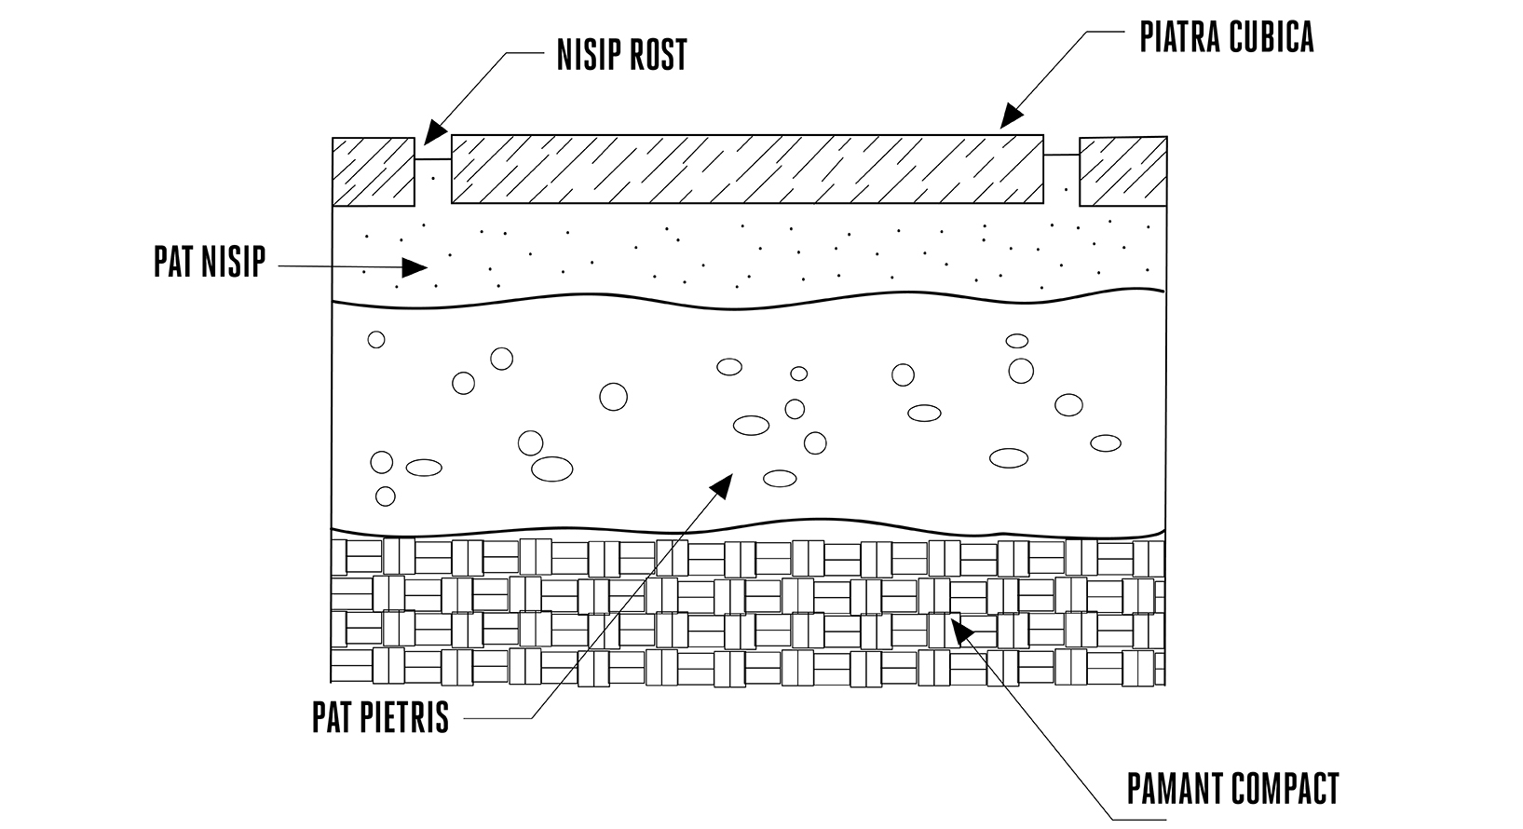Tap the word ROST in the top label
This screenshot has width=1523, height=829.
click(x=656, y=55)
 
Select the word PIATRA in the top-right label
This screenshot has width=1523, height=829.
click(x=1179, y=37)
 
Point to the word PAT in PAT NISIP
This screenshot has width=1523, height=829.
click(x=172, y=262)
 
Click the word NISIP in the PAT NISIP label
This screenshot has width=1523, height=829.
click(x=232, y=262)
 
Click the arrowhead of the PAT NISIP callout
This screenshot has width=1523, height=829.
click(x=415, y=267)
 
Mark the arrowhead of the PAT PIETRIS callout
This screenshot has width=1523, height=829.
click(x=722, y=485)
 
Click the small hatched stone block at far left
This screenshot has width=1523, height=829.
click(x=374, y=172)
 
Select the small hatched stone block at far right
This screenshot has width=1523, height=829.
click(x=1123, y=171)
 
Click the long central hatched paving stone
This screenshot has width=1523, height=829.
click(x=747, y=170)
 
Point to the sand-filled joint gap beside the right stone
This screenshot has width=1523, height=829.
click(x=1061, y=180)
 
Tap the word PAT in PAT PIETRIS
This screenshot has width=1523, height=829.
click(x=329, y=717)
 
